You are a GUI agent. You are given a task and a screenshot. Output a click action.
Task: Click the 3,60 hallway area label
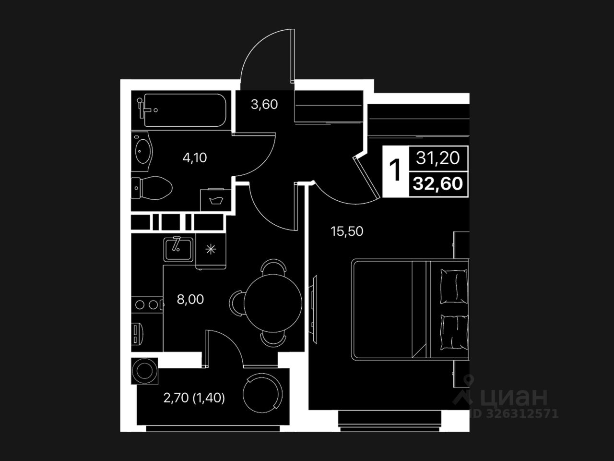pyautogui.click(x=264, y=104)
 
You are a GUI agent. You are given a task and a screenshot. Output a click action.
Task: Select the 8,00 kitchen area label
pyautogui.click(x=190, y=300)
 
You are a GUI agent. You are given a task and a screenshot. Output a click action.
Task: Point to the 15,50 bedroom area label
pyautogui.click(x=347, y=231)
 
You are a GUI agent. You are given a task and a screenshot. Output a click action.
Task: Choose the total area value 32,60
pyautogui.click(x=438, y=183)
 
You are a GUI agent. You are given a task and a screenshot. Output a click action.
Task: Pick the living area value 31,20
pyautogui.click(x=438, y=158)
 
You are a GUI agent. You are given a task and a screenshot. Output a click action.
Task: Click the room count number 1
pyautogui.click(x=396, y=170)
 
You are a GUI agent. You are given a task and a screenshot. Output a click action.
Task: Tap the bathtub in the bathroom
pyautogui.click(x=185, y=110)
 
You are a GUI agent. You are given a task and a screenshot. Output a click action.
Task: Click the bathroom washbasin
pyautogui.click(x=143, y=150)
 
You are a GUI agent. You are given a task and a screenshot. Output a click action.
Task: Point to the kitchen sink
pyautogui.click(x=178, y=248)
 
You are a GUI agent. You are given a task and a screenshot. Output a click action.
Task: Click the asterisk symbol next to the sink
pyautogui.click(x=210, y=249)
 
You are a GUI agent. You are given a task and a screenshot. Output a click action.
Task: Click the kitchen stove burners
pyautogui.click(x=147, y=304)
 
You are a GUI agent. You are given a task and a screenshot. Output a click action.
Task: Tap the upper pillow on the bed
pyautogui.click(x=453, y=286)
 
